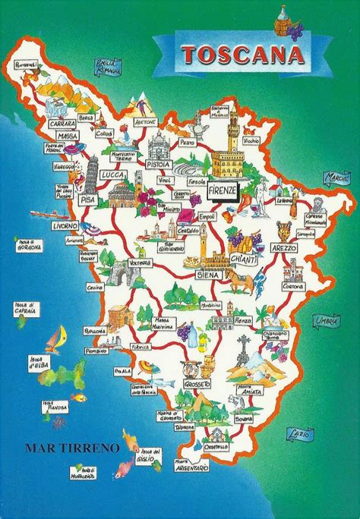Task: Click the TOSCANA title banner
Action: [233, 55]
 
